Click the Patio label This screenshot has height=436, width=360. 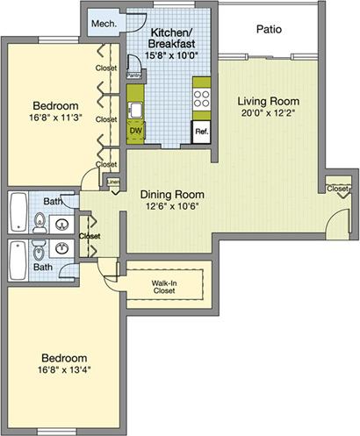269,29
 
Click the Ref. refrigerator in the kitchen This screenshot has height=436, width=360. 201,132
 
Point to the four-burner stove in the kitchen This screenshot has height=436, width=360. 202,94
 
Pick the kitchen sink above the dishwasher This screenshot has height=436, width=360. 136,111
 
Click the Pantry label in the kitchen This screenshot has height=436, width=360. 134,75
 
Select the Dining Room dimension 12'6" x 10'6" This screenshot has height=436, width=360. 172,208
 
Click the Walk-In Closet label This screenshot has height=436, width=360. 166,286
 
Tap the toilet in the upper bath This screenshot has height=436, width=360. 40,225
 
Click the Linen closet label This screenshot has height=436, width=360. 113,182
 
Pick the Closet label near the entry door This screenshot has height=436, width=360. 336,189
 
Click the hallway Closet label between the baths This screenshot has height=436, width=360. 90,236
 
